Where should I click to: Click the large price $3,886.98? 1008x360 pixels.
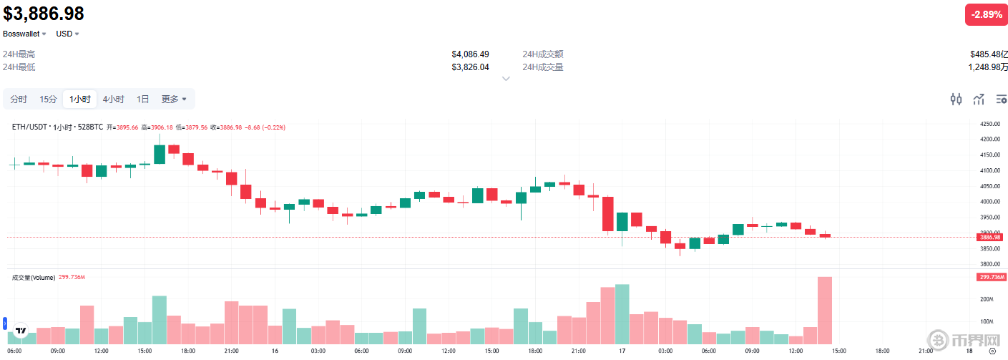coord(44,14)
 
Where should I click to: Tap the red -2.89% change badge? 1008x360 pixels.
coord(987,14)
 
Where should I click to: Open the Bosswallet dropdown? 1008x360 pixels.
coord(24,34)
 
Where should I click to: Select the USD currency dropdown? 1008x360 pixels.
coord(67,34)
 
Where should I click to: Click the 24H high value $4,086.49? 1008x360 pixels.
coord(470,54)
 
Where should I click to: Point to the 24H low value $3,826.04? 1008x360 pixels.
coord(470,67)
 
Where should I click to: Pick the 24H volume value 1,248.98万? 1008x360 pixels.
coord(988,67)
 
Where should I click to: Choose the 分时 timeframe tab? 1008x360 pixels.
coord(19,99)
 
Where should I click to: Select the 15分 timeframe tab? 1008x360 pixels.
coord(48,99)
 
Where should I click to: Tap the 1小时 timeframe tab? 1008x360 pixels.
coord(79,99)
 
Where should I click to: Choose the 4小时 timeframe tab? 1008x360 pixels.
coord(113,99)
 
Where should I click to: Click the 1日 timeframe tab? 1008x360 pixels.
coord(143,99)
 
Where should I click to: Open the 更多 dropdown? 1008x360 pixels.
coord(174,99)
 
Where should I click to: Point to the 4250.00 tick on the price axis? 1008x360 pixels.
coord(990,124)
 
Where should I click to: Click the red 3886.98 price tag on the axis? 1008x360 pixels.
coord(990,237)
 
